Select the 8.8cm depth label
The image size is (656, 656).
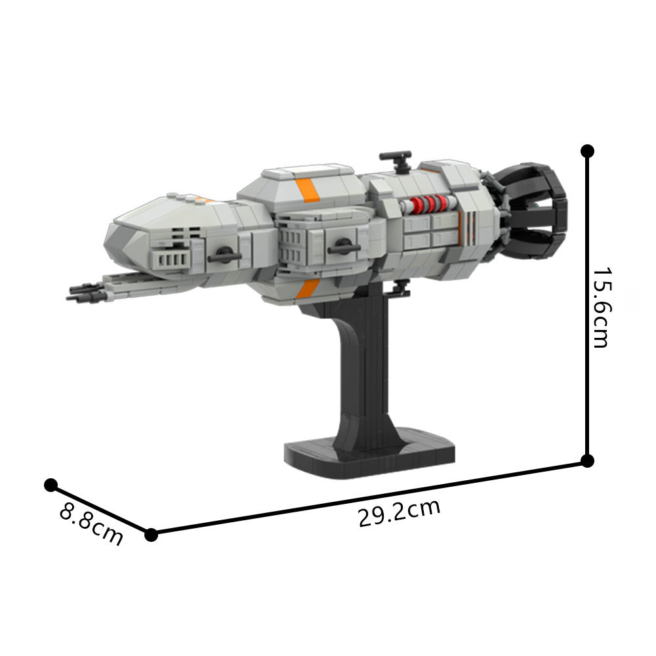[91, 523]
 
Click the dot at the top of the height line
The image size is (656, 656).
[587, 152]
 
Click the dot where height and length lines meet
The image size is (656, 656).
[587, 461]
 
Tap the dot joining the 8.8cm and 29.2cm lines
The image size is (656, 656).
[152, 534]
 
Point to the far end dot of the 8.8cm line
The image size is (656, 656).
[51, 485]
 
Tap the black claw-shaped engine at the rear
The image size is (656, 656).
[533, 204]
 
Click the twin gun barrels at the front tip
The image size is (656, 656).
[84, 291]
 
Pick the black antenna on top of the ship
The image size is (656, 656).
[396, 158]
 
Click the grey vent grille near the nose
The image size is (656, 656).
[172, 258]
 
